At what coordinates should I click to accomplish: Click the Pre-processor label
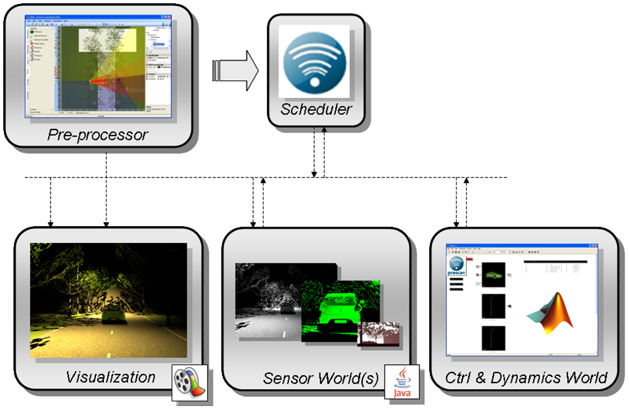click(x=98, y=135)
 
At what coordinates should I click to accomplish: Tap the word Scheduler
click(x=316, y=109)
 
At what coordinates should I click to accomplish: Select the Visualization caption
click(x=110, y=377)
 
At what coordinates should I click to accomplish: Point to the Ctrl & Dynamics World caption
click(x=526, y=378)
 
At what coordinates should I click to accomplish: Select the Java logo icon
click(x=401, y=382)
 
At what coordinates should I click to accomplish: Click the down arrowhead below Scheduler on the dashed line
click(x=315, y=174)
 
